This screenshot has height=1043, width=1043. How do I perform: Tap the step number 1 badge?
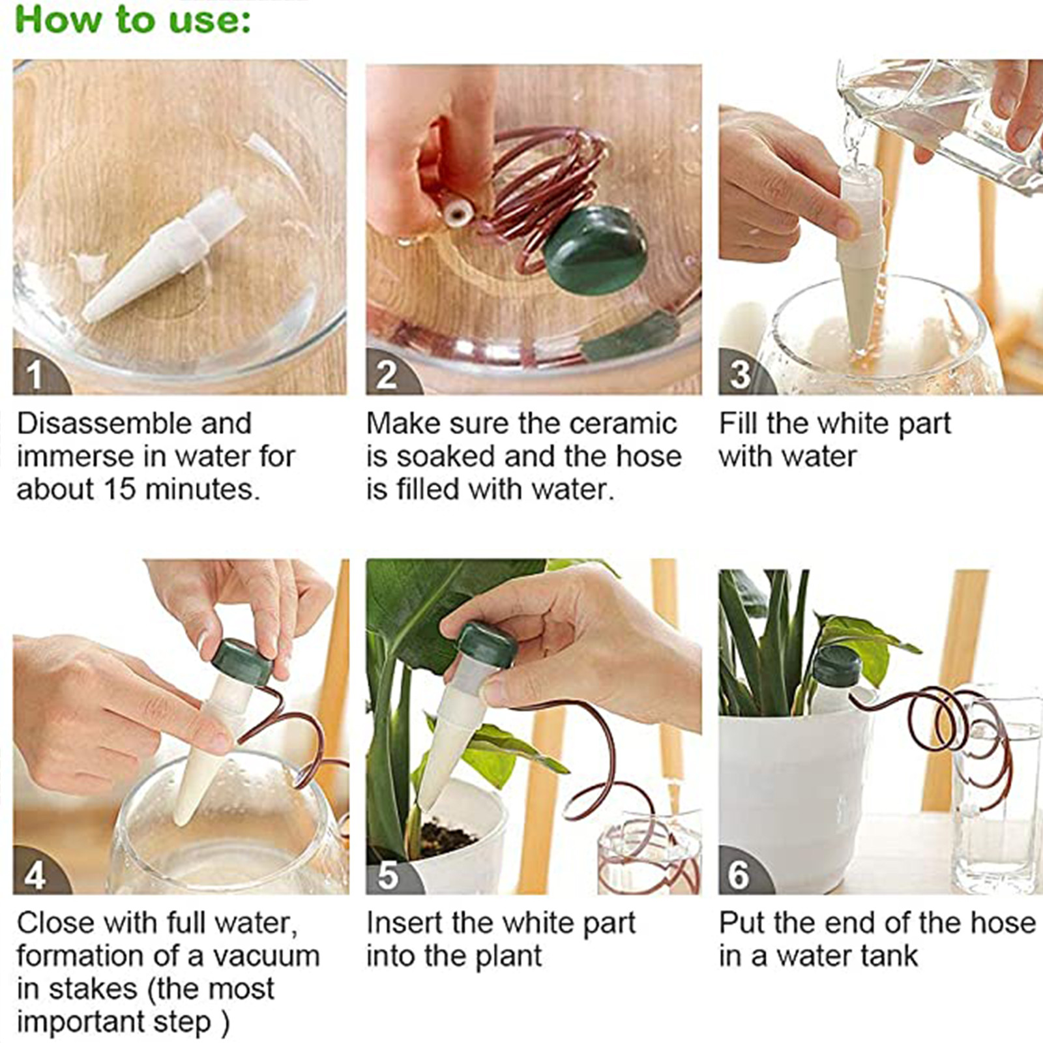click(x=36, y=373)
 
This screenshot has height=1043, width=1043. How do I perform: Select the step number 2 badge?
click(x=389, y=373)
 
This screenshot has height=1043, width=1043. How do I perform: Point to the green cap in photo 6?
click(x=837, y=666)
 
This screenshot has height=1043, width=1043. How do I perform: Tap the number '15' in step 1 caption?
click(x=119, y=489)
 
